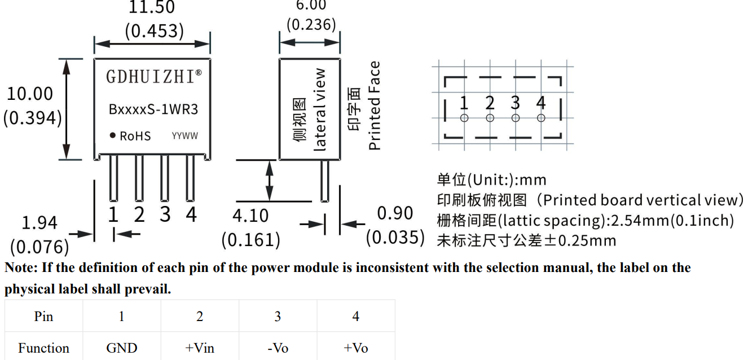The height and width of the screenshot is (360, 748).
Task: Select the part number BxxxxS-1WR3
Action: pos(153,109)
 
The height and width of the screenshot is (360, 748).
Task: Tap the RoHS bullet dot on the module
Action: pos(113,135)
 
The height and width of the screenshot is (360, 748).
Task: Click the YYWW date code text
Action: pos(185,136)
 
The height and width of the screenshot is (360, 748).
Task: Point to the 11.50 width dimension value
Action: pos(152,8)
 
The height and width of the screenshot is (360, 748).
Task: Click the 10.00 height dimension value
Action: pos(30,94)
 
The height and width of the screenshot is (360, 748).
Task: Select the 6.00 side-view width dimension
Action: pos(311,5)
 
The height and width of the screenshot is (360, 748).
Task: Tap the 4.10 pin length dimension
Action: pos(250,216)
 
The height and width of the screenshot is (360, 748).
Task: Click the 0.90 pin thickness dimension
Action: pos(395,214)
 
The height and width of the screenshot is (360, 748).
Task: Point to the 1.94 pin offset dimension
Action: pos(39,223)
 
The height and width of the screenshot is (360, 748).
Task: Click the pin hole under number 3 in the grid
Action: pos(516,118)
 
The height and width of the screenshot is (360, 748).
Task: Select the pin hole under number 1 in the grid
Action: pos(464,118)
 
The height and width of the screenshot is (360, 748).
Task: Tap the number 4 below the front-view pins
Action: pos(191,215)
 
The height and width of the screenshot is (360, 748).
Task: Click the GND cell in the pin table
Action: pos(122,348)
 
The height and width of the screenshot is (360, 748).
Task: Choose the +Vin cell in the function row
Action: pos(200,348)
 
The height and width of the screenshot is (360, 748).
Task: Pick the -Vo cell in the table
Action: pos(278,348)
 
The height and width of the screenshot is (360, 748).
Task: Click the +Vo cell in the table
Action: pos(356,348)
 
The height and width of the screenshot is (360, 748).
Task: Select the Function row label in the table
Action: pos(43,348)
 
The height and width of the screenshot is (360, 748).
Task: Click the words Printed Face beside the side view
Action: pos(375,106)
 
